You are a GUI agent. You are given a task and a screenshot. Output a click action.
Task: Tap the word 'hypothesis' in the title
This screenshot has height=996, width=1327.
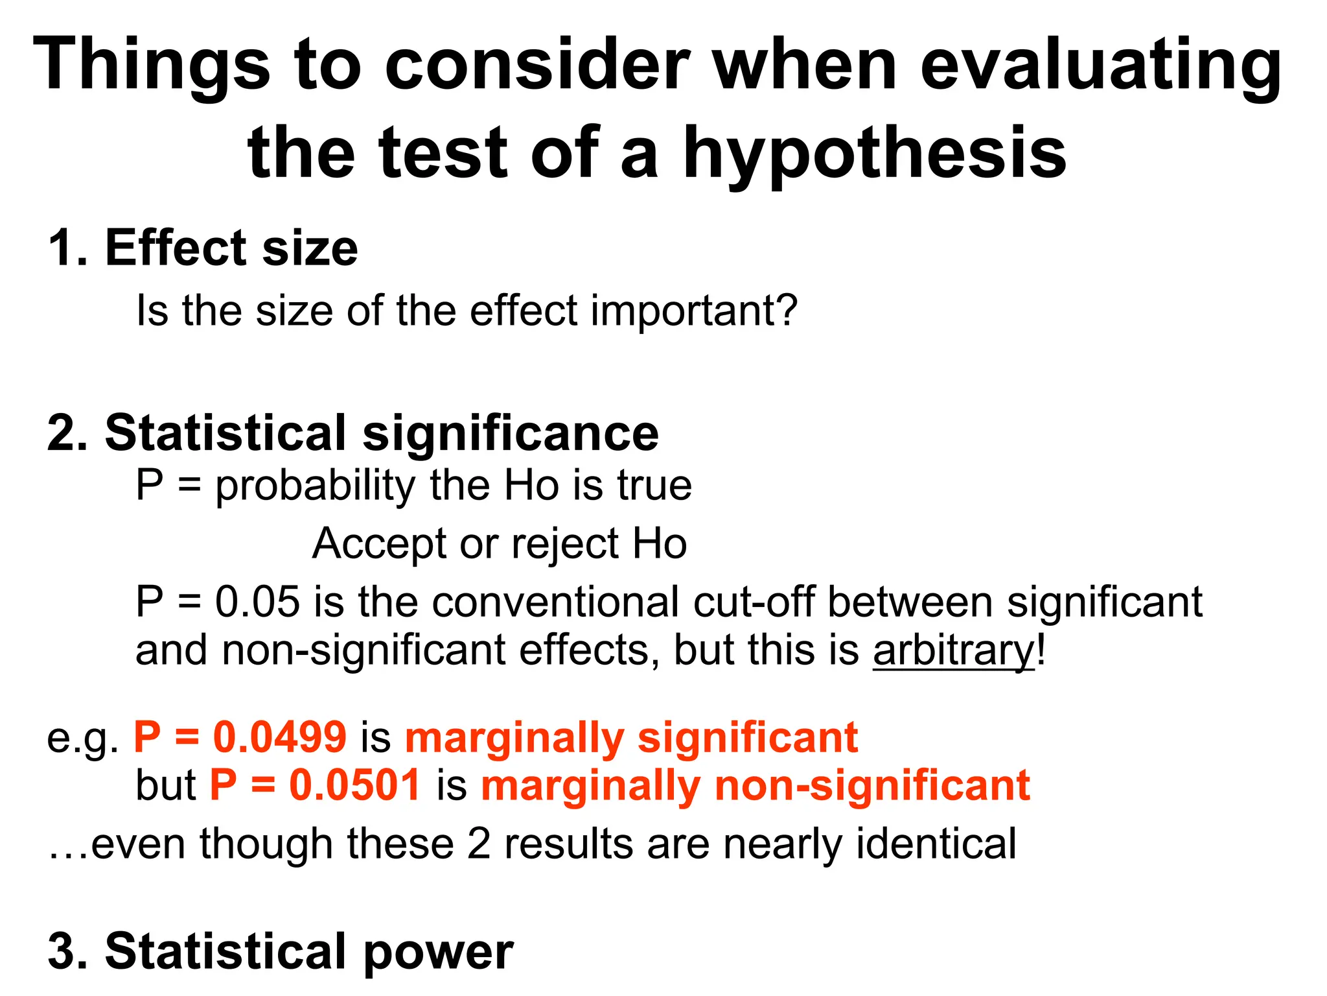coord(875,154)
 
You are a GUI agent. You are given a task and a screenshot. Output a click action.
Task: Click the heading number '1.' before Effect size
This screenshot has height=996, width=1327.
coord(67,248)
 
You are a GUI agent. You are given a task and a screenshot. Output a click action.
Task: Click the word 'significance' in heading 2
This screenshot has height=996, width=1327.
coord(511,433)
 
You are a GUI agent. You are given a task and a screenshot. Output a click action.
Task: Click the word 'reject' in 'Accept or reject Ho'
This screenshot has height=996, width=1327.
coord(565,543)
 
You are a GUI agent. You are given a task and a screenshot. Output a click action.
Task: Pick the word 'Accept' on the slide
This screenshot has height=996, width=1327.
coord(379,543)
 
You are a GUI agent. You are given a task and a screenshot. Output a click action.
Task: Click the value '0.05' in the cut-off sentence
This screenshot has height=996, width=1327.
coord(257,602)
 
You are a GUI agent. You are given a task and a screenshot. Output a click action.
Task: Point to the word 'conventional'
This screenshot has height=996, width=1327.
coord(556,602)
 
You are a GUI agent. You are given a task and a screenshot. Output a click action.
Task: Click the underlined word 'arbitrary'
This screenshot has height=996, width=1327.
coord(953,650)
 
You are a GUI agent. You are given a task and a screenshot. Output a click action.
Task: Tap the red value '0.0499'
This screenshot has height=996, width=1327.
coord(280,737)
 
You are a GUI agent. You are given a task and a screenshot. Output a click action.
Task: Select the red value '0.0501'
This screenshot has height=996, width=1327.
coord(355,785)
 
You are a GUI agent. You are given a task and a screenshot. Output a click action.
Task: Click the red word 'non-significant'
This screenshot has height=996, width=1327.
coord(872,785)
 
